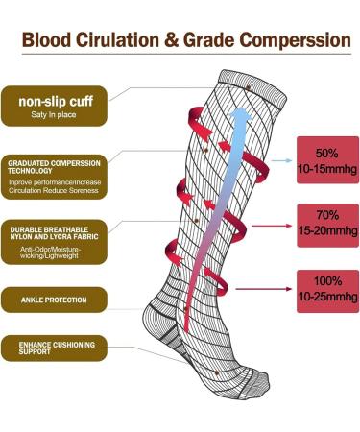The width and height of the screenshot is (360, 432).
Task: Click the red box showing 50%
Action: tap(323, 162)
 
